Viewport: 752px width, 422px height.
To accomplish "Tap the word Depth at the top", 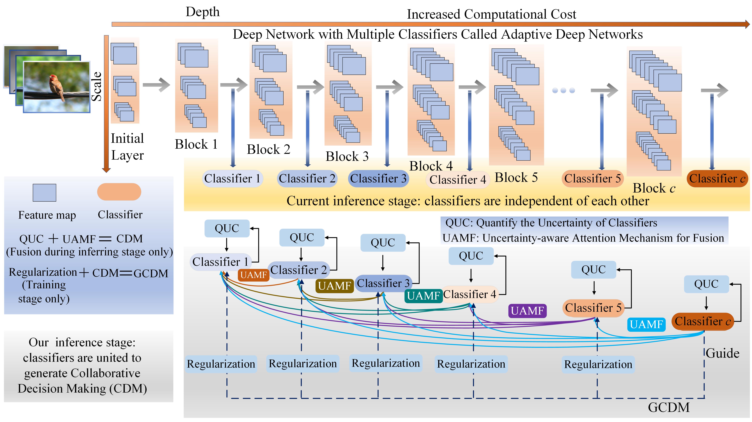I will click(x=203, y=12).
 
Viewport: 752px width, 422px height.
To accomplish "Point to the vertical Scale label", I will click(x=97, y=86).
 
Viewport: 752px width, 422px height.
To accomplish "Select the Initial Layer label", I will click(x=127, y=147).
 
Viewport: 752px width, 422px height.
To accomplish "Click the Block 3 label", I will click(x=347, y=156).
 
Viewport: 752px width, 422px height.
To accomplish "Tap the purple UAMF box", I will click(x=527, y=311).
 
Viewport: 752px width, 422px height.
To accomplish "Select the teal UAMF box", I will click(x=423, y=296).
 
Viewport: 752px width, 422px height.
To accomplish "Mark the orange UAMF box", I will click(x=253, y=275).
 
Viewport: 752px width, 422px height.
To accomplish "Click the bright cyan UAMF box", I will click(x=646, y=324).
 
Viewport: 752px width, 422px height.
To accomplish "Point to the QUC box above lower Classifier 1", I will click(x=227, y=228).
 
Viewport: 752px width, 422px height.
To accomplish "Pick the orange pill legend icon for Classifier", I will click(x=119, y=192).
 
